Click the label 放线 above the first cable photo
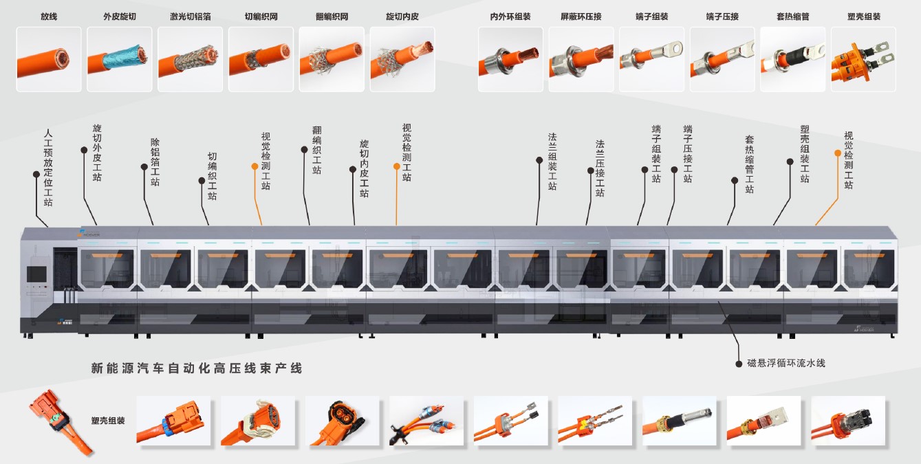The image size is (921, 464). click(49, 16)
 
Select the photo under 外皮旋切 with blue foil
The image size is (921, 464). click(119, 59)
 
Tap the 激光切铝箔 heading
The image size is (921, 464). click(190, 16)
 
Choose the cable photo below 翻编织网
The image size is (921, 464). click(331, 59)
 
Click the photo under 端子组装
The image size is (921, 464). click(651, 59)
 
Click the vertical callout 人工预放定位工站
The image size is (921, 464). click(48, 168)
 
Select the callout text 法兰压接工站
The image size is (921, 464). click(600, 169)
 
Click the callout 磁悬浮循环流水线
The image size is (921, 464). click(785, 363)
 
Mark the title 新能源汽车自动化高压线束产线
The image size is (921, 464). click(197, 368)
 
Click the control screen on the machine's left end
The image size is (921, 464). click(36, 274)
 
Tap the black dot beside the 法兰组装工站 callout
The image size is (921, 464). click(539, 159)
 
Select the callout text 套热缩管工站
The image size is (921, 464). click(749, 164)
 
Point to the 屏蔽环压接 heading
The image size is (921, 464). click(581, 16)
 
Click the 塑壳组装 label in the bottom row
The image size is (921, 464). click(108, 420)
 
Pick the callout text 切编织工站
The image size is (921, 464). click(212, 177)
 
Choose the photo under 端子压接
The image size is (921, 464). click(722, 59)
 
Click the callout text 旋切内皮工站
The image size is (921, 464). click(364, 169)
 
